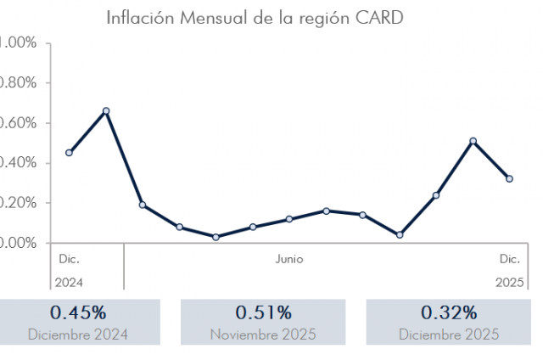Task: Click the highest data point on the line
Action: [x=106, y=110]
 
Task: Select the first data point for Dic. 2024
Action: [x=69, y=153]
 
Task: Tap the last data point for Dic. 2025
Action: [x=509, y=178]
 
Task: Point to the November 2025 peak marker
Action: [x=473, y=141]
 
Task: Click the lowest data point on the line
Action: [x=216, y=237]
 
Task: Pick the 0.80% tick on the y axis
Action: [x=19, y=83]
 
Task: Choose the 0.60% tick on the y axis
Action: [x=19, y=123]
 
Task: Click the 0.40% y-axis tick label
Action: [x=19, y=163]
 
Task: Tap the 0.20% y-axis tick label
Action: [x=19, y=203]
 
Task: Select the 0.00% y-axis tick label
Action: [x=19, y=243]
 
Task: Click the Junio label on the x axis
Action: [x=288, y=259]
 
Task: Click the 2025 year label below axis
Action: [x=508, y=281]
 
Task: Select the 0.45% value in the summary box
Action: [x=78, y=312]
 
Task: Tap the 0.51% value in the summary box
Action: [x=263, y=312]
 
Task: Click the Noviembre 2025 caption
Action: [x=263, y=334]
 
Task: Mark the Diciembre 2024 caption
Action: [x=78, y=334]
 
